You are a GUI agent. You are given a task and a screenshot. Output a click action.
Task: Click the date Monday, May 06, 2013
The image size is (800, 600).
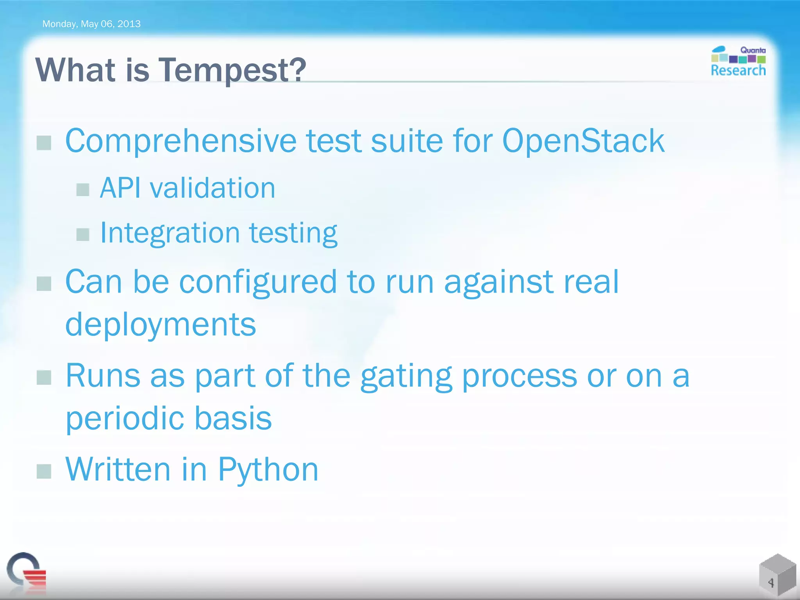pyautogui.click(x=91, y=24)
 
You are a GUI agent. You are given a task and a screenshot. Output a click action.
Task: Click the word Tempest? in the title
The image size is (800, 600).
pyautogui.click(x=232, y=70)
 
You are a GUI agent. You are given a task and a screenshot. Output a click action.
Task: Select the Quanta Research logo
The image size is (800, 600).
pyautogui.click(x=738, y=61)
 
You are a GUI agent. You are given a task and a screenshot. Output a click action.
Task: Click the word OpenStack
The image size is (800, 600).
pyautogui.click(x=583, y=141)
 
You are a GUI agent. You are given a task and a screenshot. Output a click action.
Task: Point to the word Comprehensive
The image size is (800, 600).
pyautogui.click(x=180, y=141)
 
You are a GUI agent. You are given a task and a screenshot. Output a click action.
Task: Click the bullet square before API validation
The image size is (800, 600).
pyautogui.click(x=83, y=190)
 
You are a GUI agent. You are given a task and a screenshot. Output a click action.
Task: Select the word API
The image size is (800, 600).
pyautogui.click(x=120, y=188)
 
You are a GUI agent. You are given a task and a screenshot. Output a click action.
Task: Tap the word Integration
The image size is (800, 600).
pyautogui.click(x=170, y=233)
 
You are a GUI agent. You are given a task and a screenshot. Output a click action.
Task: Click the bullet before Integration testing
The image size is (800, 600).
pyautogui.click(x=83, y=235)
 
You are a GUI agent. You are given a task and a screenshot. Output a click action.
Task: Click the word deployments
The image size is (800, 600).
pyautogui.click(x=161, y=325)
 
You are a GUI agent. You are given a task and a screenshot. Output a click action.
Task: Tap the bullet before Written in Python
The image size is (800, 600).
pyautogui.click(x=44, y=471)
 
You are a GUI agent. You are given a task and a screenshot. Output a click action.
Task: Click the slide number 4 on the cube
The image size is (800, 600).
pyautogui.click(x=771, y=583)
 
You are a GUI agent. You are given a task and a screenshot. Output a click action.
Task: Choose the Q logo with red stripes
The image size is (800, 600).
pyautogui.click(x=27, y=571)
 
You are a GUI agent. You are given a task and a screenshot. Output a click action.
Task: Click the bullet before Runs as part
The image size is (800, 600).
pyautogui.click(x=44, y=378)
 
